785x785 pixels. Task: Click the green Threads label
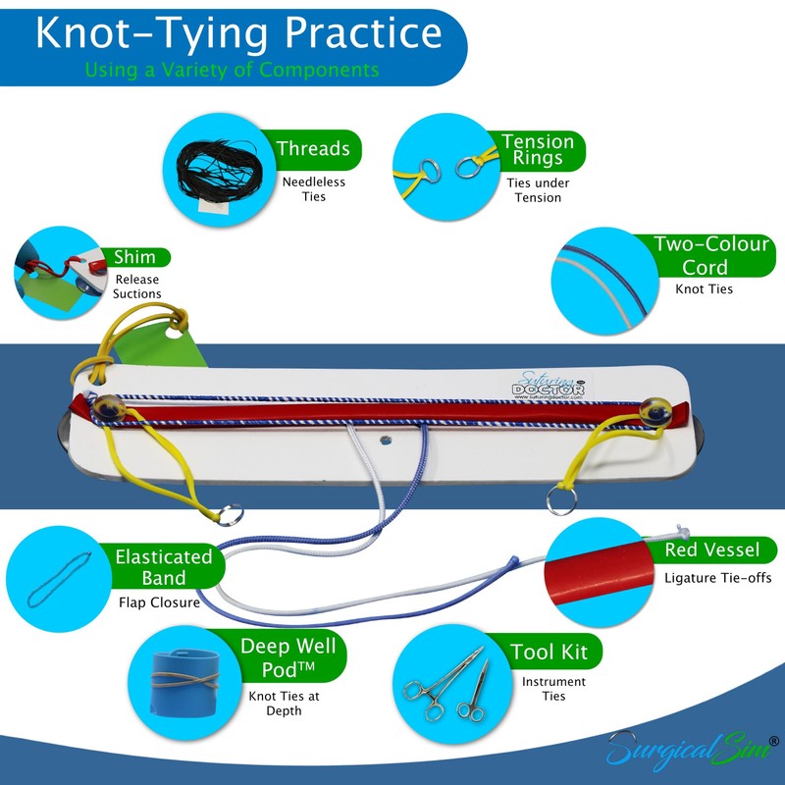click(312, 149)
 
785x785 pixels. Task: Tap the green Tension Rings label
click(531, 150)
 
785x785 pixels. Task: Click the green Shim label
click(133, 257)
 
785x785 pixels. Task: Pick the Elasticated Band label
click(162, 566)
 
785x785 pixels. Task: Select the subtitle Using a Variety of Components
click(232, 70)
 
